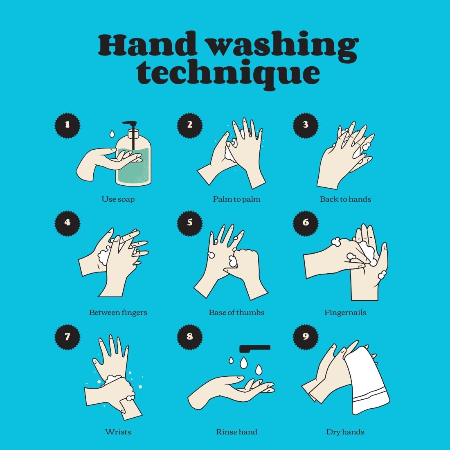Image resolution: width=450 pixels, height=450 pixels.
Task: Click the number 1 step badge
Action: [x=67, y=126]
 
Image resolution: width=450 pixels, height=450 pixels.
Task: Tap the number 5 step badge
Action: [x=190, y=223]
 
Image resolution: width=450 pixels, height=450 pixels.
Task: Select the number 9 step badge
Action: [x=306, y=337]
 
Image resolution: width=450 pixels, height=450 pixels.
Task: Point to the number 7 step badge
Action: [x=67, y=337]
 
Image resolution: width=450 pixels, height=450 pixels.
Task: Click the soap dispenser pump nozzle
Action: [x=130, y=124]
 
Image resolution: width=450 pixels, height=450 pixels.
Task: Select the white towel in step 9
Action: [x=367, y=382]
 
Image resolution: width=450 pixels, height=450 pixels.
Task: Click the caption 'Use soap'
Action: [x=118, y=199]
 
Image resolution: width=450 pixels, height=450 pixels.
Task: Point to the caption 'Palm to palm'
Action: [x=237, y=199]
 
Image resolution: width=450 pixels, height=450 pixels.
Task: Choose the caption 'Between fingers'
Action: [x=118, y=313]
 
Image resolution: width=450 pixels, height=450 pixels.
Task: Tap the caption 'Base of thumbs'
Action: [x=237, y=313]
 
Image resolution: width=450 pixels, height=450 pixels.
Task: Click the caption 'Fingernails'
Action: [x=345, y=313]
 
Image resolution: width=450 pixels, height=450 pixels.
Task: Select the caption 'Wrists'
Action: [x=118, y=432]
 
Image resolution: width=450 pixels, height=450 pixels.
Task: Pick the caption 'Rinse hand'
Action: [x=237, y=432]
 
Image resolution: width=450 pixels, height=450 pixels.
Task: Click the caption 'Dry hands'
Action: [x=345, y=432]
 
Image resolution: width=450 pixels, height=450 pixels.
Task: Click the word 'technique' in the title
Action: [x=228, y=73]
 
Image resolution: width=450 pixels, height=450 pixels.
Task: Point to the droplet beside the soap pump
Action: [x=112, y=133]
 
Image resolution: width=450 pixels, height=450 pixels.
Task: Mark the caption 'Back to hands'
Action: [x=345, y=199]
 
